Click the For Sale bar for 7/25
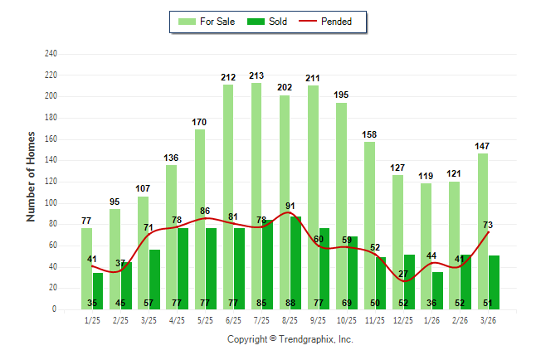[256, 166]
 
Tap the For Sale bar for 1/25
[86, 249]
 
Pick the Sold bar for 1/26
[438, 290]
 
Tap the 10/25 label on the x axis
[347, 320]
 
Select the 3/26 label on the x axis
[489, 320]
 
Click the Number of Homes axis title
[32, 176]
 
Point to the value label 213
[257, 75]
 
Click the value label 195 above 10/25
[342, 95]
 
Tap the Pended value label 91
[290, 206]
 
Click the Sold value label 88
[290, 303]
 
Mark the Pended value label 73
[488, 225]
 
